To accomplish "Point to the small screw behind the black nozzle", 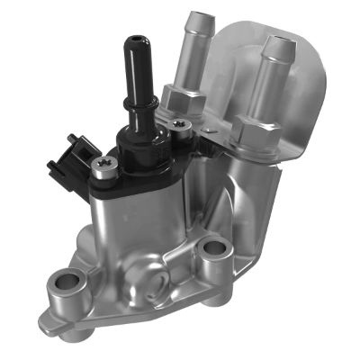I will [x=181, y=129].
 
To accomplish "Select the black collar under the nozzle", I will [x=144, y=153].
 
